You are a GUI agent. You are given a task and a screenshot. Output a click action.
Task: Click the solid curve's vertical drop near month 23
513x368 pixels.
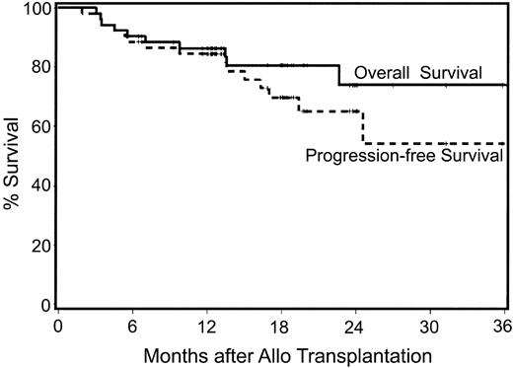click(339, 75)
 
